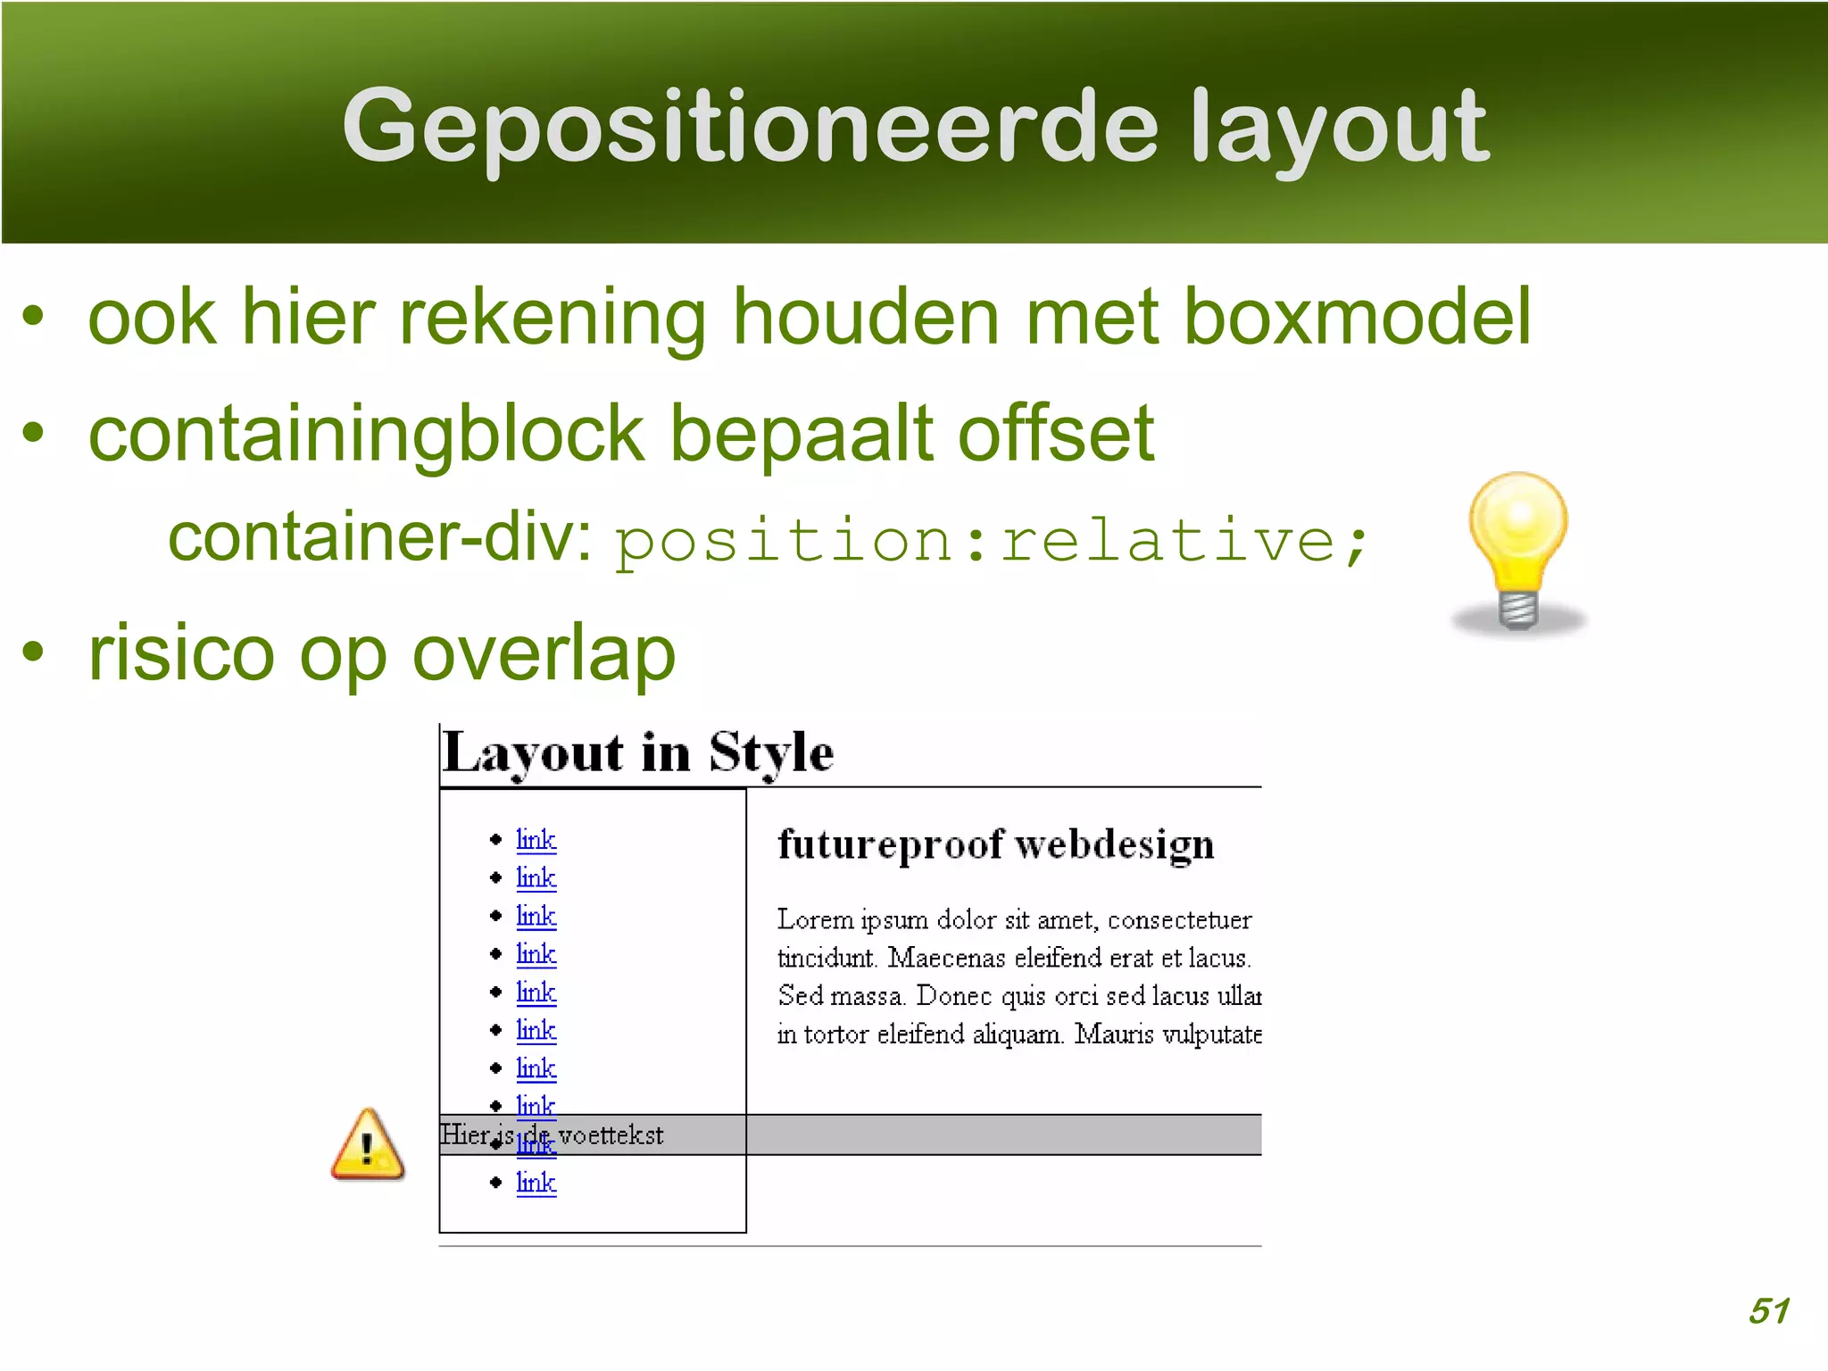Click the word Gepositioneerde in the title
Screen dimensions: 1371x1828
tap(750, 127)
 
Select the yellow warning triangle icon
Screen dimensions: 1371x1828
tap(368, 1145)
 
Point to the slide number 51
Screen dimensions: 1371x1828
tap(1768, 1311)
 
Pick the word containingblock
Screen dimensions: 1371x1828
tap(366, 434)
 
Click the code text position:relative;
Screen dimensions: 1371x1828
tap(991, 541)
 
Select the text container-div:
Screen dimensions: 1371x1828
tap(379, 537)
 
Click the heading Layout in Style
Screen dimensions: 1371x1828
tap(638, 752)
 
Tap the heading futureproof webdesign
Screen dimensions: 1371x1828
tap(995, 844)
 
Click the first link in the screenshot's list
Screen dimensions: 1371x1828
tap(536, 839)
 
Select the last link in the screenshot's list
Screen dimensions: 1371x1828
tap(536, 1183)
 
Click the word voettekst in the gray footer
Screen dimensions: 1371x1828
tap(611, 1135)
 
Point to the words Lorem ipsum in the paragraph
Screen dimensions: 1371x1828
tap(852, 919)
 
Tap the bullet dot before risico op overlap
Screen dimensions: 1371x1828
tap(33, 652)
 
